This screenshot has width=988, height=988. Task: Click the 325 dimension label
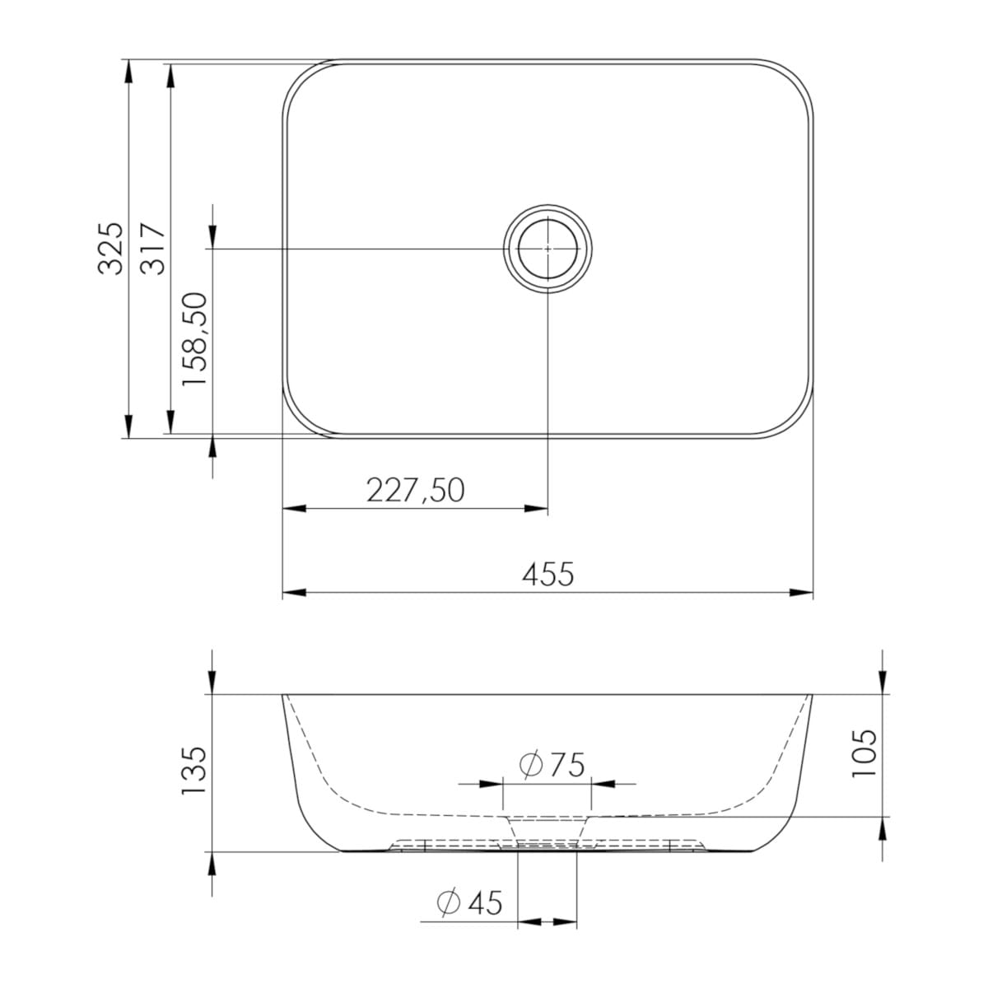tap(111, 249)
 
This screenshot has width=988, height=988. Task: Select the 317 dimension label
tap(152, 249)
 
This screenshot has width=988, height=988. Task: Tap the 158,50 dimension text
tap(195, 339)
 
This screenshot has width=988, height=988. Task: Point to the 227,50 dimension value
tap(415, 490)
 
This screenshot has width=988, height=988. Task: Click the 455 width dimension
tap(548, 574)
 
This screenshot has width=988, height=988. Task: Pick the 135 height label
tap(195, 771)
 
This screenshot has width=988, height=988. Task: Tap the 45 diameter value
tap(484, 903)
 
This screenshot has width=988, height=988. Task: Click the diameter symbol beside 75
tap(531, 764)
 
